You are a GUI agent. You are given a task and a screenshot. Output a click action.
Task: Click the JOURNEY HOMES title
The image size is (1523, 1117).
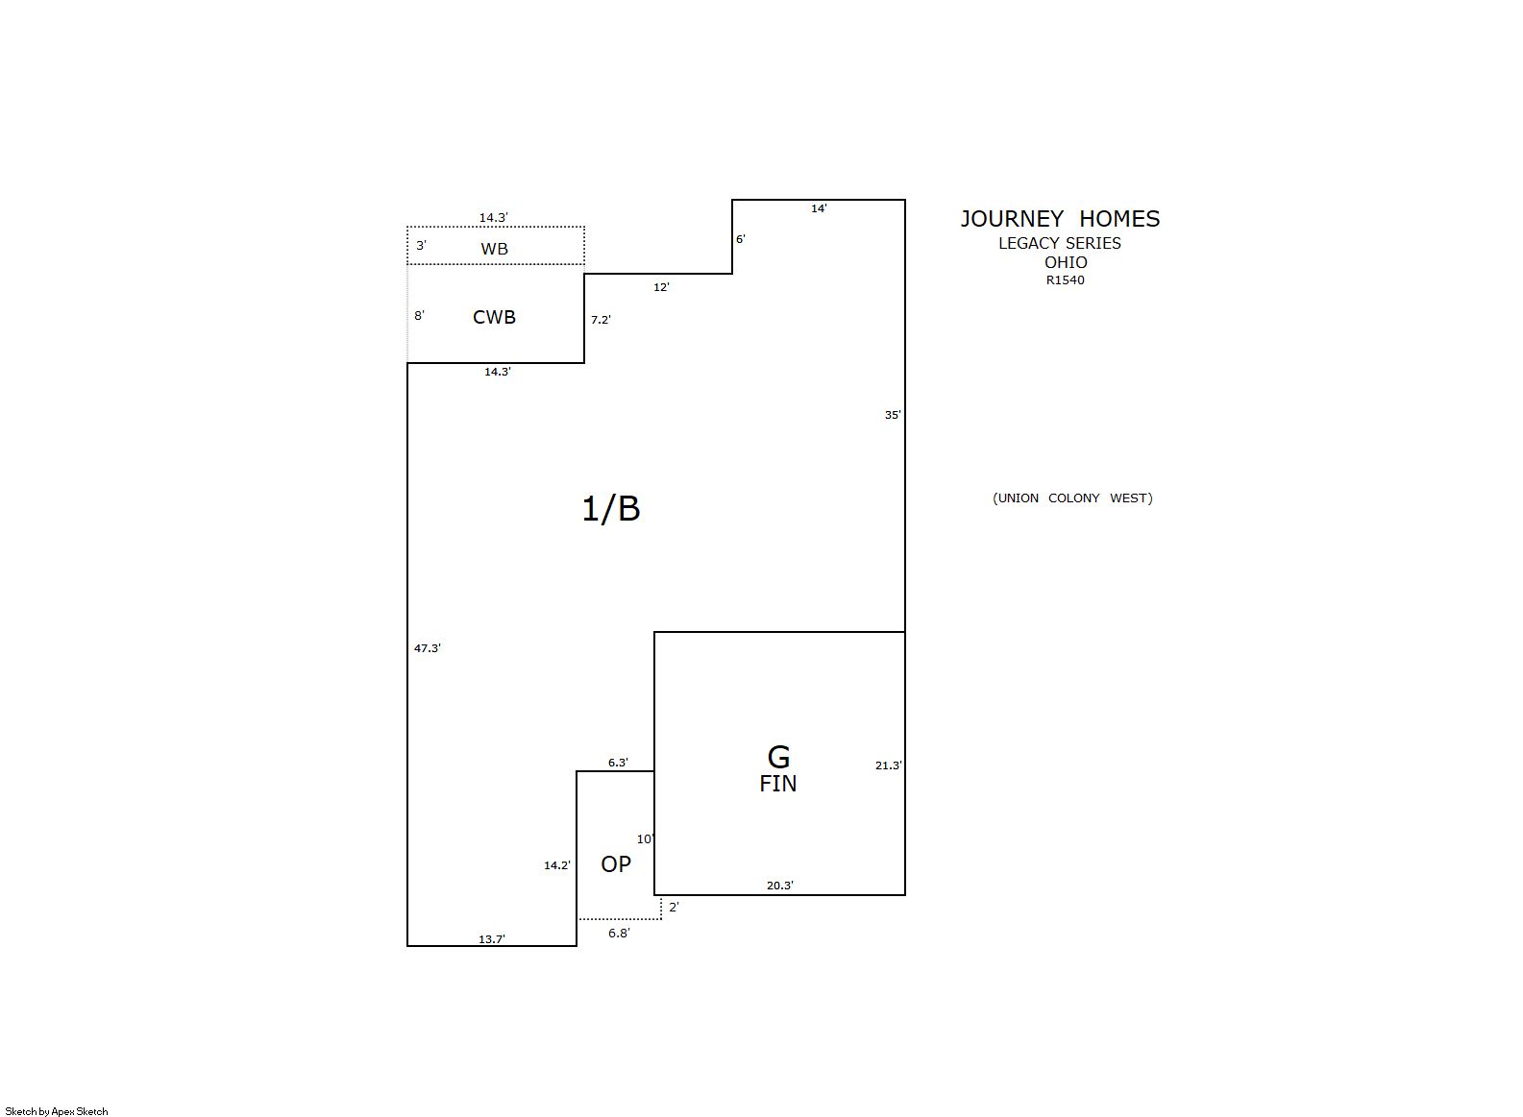coord(1060,219)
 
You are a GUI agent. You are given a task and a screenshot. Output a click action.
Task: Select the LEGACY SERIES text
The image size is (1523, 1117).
coord(1059,243)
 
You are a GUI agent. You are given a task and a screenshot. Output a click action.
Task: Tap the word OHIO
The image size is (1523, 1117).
coord(1066,262)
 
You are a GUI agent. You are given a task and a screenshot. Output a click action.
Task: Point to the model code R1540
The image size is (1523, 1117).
coord(1065,279)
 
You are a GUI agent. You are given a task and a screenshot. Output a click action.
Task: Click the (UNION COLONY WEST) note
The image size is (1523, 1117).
coord(1072,498)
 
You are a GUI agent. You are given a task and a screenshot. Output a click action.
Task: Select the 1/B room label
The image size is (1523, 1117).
coord(610,508)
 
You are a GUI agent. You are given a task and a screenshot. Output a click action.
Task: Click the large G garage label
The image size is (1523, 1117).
coord(778,757)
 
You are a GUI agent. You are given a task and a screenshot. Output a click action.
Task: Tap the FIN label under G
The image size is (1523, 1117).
coord(777,784)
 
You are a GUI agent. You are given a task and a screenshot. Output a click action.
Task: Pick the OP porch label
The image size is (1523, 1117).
coord(615,863)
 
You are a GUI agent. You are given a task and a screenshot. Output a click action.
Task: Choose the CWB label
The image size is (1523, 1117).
coord(494,317)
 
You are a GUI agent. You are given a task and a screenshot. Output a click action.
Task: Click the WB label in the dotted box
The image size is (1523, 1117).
coord(494,249)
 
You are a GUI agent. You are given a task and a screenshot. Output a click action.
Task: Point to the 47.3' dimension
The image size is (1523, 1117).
coord(427,648)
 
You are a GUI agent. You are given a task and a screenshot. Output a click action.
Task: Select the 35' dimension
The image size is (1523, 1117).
coord(893,415)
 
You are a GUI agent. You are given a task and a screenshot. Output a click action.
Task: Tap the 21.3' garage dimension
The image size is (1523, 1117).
coord(889,765)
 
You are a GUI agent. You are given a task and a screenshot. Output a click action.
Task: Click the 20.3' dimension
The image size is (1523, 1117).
coord(780,886)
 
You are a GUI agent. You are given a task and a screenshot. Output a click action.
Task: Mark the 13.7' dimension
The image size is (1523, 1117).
coord(492,939)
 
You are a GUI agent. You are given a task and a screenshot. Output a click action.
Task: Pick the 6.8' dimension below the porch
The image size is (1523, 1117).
coord(619,933)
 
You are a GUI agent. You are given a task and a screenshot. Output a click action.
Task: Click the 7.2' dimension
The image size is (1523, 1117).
coord(601,319)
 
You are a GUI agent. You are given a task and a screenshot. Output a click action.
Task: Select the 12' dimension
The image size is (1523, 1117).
coord(661,287)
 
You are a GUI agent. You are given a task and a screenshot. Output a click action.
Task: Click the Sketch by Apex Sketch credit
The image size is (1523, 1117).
coord(57,1111)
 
